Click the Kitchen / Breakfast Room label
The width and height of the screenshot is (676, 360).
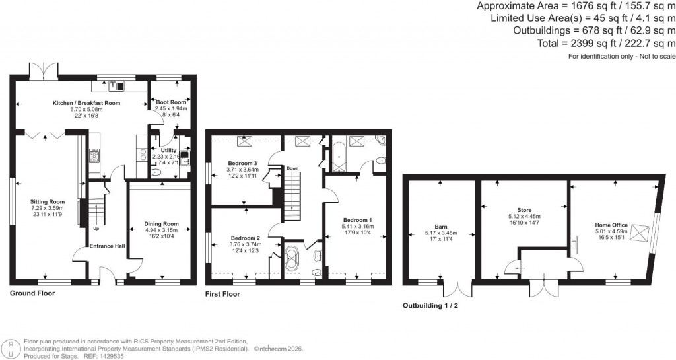click(86, 103)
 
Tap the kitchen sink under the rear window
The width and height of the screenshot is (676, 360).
click(116, 85)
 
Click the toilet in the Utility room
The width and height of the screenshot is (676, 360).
click(156, 172)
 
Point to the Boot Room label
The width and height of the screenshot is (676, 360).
click(171, 102)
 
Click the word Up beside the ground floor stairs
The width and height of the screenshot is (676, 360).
click(96, 229)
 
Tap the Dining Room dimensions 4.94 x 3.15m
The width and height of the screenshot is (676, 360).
click(162, 231)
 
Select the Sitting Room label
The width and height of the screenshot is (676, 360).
click(48, 201)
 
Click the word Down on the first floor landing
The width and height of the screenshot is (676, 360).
click(292, 168)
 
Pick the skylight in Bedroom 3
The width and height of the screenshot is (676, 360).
click(248, 139)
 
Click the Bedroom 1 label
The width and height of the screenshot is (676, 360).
click(357, 219)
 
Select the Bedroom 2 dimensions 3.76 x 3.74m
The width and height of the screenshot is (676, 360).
click(245, 244)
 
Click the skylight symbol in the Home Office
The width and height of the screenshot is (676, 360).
click(640, 233)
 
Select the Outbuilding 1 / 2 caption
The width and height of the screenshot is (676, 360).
click(435, 306)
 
